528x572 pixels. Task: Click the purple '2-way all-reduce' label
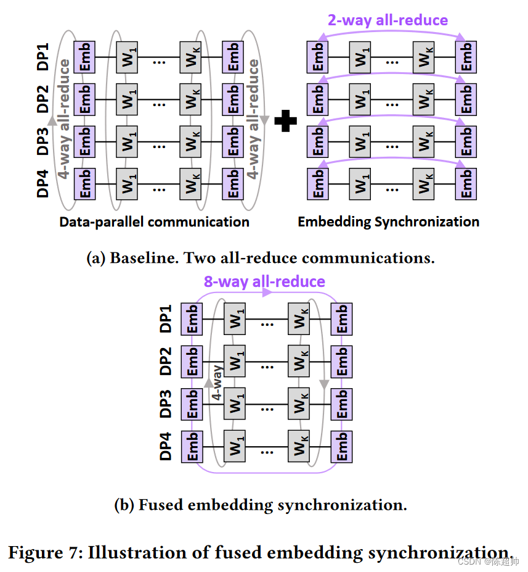pyautogui.click(x=388, y=20)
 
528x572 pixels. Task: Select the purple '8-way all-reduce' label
pyautogui.click(x=264, y=282)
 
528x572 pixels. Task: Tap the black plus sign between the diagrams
pyautogui.click(x=285, y=120)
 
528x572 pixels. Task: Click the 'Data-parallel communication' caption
pyautogui.click(x=154, y=222)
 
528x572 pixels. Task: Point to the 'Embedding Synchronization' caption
pyautogui.click(x=388, y=222)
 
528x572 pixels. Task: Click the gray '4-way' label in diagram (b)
pyautogui.click(x=217, y=383)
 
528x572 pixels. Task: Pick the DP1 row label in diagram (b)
pyautogui.click(x=166, y=319)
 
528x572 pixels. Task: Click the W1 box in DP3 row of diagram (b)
pyautogui.click(x=234, y=404)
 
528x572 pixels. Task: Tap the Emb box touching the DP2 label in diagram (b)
pyautogui.click(x=192, y=362)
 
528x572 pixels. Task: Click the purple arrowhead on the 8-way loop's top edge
pyautogui.click(x=266, y=294)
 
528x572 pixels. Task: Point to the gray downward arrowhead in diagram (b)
pyautogui.click(x=323, y=384)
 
